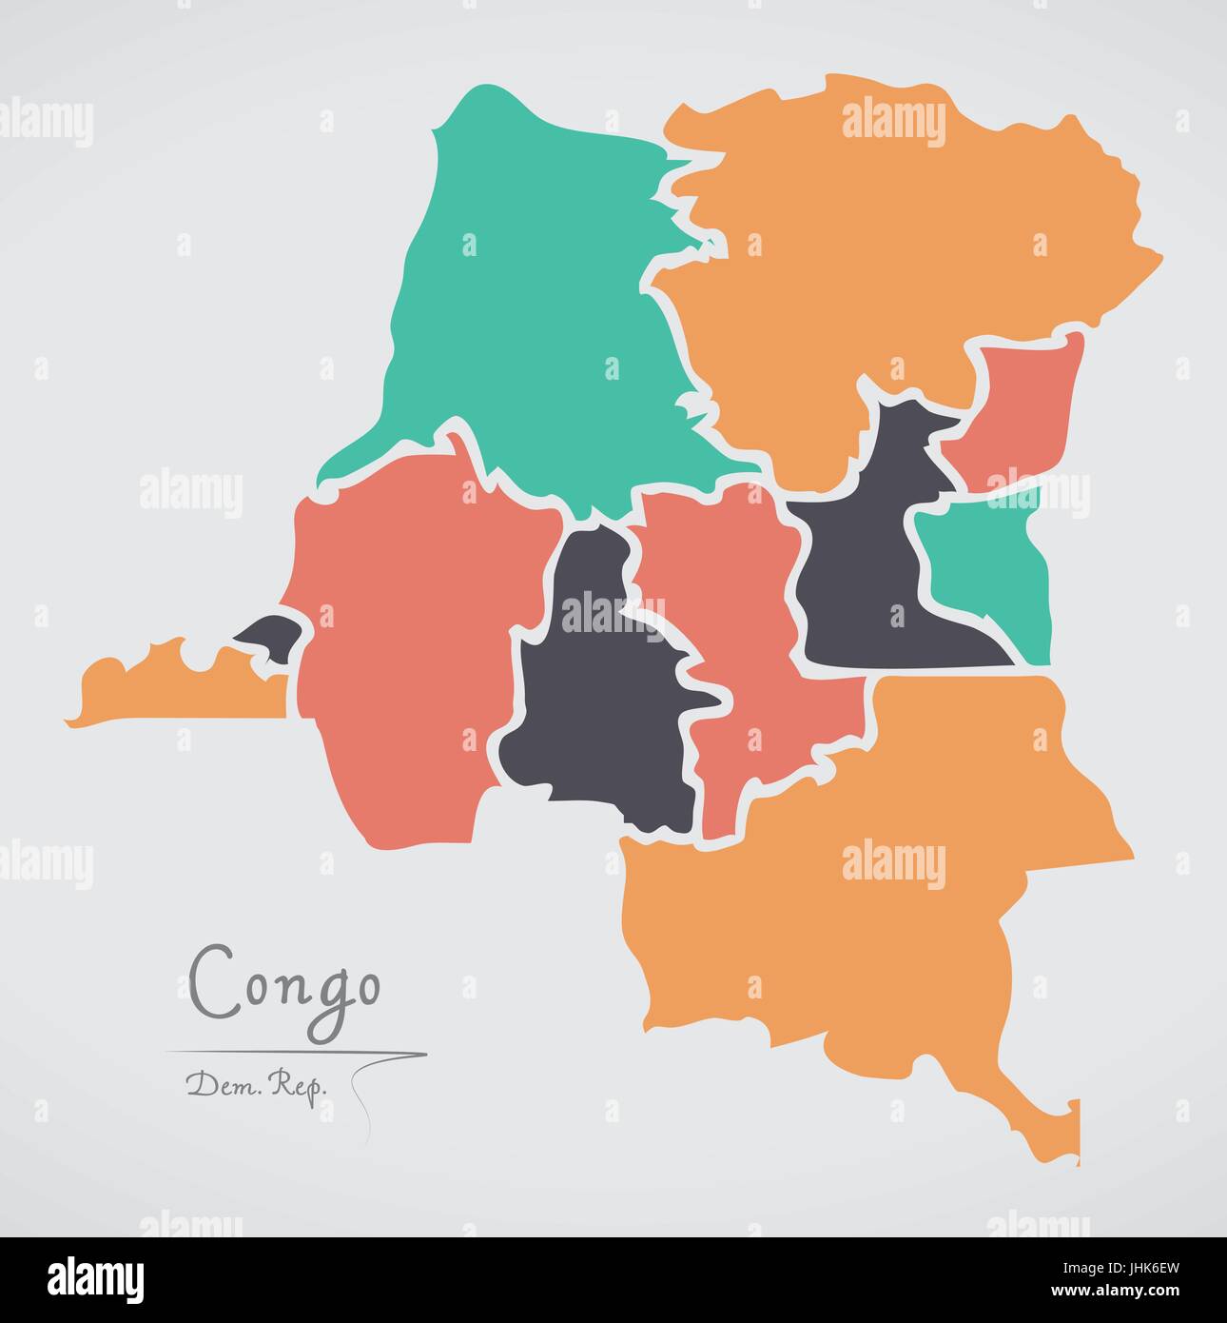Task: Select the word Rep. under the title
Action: (294, 1084)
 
